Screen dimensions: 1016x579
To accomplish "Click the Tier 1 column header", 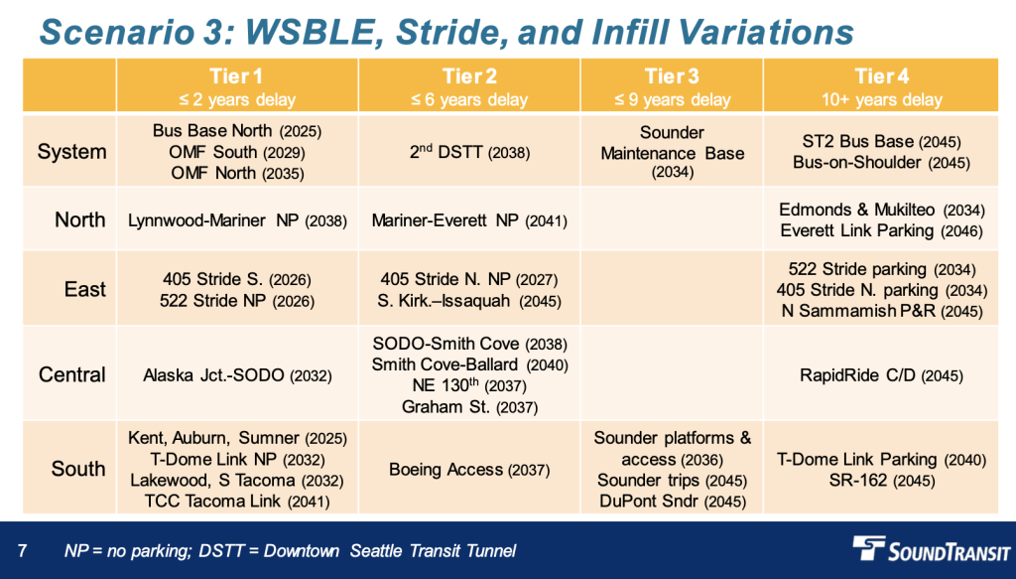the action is point(236,86).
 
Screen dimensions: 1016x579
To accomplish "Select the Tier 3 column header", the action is point(672,86).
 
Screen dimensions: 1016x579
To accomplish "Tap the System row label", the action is point(71,152).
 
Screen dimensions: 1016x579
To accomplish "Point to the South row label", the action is point(78,468).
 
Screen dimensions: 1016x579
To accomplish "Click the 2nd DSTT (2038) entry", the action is point(469,152).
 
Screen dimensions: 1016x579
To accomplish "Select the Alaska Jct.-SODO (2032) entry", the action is point(237,375).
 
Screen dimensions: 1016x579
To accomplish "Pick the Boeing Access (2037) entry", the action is point(469,470).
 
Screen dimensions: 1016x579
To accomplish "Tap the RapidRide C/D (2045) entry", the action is point(881,375).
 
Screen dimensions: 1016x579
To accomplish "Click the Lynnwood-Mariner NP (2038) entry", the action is point(237,220).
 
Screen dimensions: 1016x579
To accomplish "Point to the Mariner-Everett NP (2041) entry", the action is point(469,220).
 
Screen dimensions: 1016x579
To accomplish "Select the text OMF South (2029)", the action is point(237,152).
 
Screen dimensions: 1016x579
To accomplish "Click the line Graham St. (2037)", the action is point(469,407).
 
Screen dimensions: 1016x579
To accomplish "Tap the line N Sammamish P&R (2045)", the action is point(882,311).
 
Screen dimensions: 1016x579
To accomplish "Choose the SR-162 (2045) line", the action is point(882,481).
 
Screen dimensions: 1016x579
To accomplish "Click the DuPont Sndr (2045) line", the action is point(673,502).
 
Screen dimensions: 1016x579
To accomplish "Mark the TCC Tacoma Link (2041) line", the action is point(237,502).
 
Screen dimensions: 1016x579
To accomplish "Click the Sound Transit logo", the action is point(931,548).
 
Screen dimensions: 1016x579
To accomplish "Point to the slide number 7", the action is point(23,551).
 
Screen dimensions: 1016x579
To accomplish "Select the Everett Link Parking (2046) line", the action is point(882,230).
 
